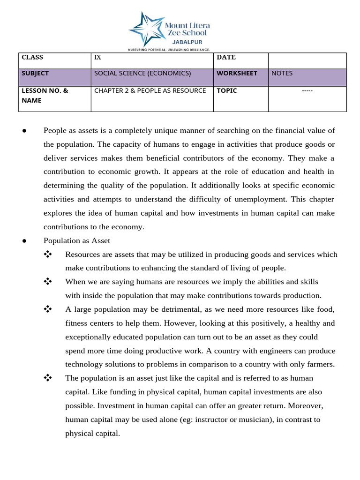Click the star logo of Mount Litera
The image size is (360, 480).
[145, 29]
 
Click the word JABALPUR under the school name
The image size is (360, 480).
[187, 41]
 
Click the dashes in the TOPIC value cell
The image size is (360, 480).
[307, 90]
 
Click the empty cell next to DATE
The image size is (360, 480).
[307, 60]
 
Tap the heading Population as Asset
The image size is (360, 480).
[77, 240]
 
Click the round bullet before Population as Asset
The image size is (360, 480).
[24, 240]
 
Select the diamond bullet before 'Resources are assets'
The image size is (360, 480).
[47, 254]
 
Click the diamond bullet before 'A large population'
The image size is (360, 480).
[47, 309]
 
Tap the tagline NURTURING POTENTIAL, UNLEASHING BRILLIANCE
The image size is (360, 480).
[168, 49]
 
